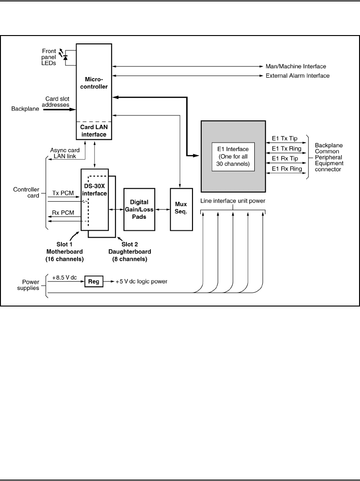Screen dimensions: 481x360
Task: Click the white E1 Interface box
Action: [x=233, y=156]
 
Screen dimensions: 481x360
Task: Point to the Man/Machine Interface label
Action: [x=295, y=66]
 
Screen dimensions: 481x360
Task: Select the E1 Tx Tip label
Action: [x=285, y=138]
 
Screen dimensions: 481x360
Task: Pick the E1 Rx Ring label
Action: [x=287, y=169]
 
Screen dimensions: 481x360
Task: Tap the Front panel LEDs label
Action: [x=48, y=57]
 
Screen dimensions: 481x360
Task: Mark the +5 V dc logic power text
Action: [x=142, y=281]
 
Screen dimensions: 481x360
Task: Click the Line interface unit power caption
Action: [x=233, y=201]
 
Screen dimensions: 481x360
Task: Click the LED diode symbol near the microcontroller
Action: [x=66, y=57]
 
